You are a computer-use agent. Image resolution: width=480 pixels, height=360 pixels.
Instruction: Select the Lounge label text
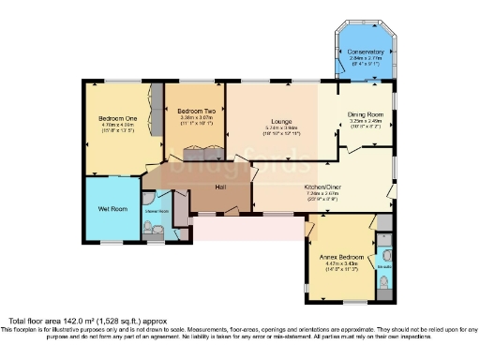coord(278,122)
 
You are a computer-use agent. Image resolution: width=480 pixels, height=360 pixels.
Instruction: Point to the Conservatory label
coord(365,52)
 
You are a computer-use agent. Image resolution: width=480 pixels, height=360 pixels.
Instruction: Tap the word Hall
coord(221,188)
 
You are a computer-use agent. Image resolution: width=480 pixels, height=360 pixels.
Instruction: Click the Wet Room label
coord(112,208)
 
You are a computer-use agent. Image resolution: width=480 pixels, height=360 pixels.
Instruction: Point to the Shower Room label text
coord(157,211)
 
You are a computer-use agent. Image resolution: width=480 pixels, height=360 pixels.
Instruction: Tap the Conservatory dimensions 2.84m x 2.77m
coord(365,58)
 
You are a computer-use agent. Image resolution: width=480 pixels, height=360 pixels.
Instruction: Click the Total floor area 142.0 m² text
coord(66,321)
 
